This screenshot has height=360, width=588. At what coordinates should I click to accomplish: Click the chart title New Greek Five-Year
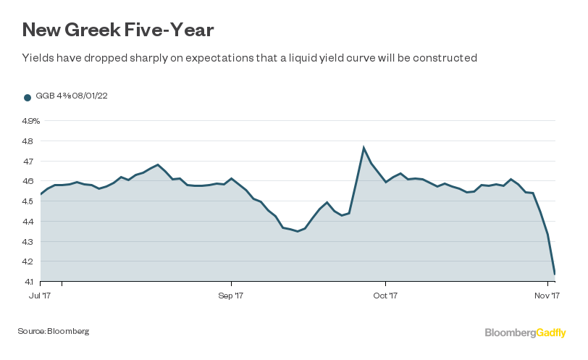point(118,30)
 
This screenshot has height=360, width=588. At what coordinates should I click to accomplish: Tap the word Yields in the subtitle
point(38,58)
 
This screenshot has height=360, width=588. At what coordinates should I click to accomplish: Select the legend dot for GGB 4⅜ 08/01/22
point(28,98)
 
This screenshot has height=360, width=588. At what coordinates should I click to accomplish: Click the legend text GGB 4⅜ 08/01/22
point(72,96)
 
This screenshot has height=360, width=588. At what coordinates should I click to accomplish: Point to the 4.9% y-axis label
point(30,121)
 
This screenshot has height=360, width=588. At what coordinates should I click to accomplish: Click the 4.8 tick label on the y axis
point(28,141)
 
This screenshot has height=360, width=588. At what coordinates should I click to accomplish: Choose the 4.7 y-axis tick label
point(28,162)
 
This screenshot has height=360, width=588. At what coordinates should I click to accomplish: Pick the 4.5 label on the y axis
point(28,201)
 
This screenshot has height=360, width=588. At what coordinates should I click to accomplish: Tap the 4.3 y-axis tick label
point(28,242)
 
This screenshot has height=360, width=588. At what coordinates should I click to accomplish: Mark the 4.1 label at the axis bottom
point(28,282)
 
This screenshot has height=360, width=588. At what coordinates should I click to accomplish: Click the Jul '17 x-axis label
point(40,296)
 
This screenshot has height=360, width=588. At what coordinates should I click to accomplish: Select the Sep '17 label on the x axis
point(230,296)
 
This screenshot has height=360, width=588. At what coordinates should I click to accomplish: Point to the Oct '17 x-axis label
point(385,296)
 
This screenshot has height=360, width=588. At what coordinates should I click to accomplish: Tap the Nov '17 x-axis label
point(547,296)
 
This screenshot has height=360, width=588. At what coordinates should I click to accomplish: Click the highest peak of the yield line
point(364,147)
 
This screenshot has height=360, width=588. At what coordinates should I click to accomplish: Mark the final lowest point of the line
point(555,274)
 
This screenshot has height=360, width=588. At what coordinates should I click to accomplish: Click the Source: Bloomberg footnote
point(54,331)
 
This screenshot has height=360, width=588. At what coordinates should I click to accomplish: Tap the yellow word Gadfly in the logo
point(551,333)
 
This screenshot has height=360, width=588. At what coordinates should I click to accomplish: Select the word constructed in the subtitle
point(445,58)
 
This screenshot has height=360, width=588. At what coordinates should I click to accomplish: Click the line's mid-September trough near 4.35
point(298,231)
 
